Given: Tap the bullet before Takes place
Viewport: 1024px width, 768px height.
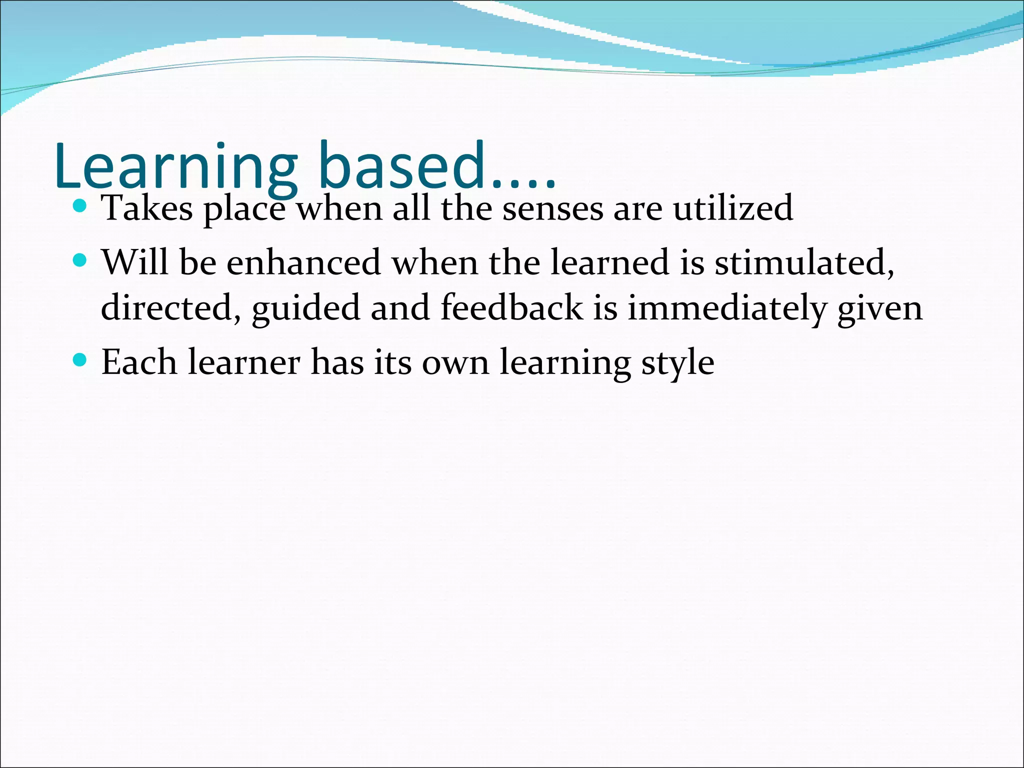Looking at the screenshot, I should pyautogui.click(x=79, y=205).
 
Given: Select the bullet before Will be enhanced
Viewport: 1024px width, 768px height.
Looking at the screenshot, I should pyautogui.click(x=79, y=260).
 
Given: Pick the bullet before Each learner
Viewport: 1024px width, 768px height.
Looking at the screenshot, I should pyautogui.click(x=79, y=359).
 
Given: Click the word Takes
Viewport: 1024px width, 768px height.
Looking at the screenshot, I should pyautogui.click(x=147, y=208).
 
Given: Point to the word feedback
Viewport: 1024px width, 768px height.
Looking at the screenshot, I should pyautogui.click(x=511, y=307).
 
